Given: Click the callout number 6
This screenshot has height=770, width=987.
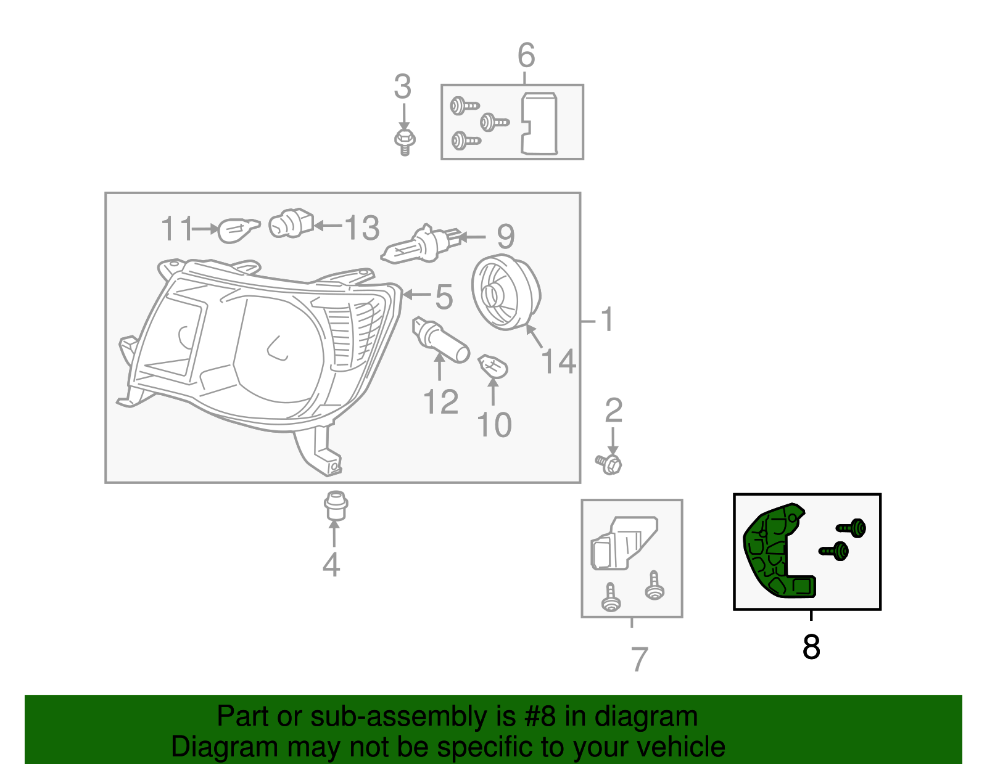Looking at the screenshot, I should click(526, 55).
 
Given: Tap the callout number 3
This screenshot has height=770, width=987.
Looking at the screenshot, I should click(402, 87).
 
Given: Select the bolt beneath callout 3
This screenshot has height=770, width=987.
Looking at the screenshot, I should click(404, 141).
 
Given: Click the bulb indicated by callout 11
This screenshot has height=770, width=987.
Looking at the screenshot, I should click(238, 231).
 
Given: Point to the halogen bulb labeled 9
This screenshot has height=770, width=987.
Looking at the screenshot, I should click(419, 245).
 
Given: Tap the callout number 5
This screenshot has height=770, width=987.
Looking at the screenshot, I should click(444, 297).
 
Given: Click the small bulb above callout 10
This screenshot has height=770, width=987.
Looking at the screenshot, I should click(493, 366).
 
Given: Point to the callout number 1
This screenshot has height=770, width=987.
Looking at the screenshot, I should click(607, 320).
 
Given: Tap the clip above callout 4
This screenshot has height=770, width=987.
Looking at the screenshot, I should click(335, 506).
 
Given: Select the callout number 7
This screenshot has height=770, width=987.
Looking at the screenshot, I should click(640, 660).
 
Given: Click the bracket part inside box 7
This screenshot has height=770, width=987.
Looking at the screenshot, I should click(623, 543).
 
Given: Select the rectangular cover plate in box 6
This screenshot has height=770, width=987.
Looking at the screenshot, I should click(539, 123).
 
